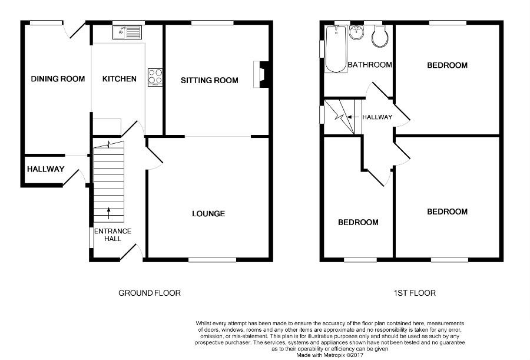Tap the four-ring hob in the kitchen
click(155, 77)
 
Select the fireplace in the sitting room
click(261, 74)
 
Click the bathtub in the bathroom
click(336, 49)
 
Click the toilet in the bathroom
click(379, 36)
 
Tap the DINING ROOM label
click(58, 79)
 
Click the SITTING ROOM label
click(210, 80)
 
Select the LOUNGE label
click(208, 213)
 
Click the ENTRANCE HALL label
click(112, 235)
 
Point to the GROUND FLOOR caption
click(150, 293)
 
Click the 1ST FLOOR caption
click(415, 293)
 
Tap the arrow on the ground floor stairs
click(109, 213)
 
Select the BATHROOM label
click(370, 65)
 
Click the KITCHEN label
click(120, 79)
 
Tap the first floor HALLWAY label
click(377, 117)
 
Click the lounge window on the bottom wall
click(212, 259)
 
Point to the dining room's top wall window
click(47, 22)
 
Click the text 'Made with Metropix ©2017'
click(330, 355)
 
